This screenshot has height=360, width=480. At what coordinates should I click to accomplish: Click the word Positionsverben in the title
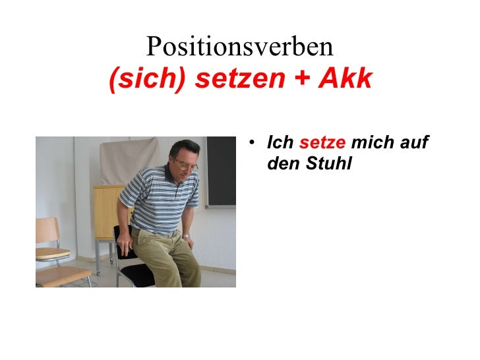(x=240, y=47)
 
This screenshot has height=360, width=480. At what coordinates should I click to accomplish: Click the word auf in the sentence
(x=414, y=142)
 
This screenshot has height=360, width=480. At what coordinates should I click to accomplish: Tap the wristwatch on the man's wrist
(x=186, y=236)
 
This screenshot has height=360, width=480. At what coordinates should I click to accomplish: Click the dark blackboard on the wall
(x=221, y=171)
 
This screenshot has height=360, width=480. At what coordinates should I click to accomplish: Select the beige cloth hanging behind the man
(x=128, y=162)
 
